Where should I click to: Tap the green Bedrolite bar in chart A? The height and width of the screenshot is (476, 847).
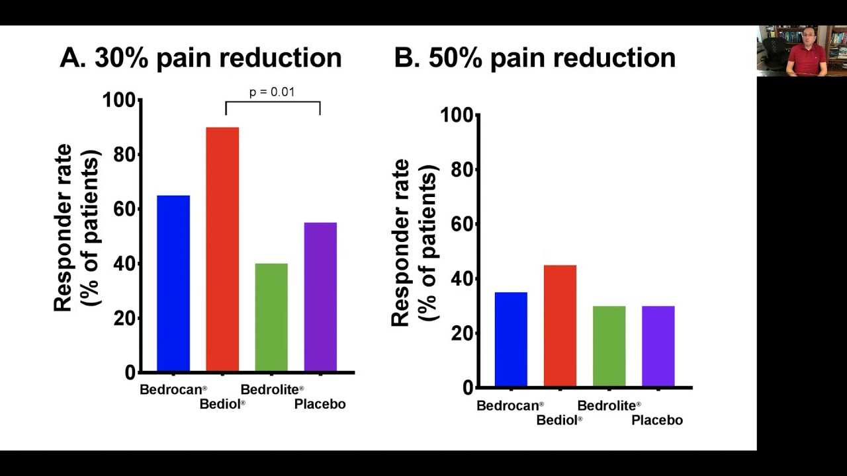pos(271,317)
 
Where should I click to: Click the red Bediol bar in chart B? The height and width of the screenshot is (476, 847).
pos(560,325)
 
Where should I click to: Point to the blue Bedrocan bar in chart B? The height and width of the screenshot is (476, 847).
pos(511,339)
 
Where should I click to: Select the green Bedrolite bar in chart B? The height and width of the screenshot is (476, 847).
pos(609,346)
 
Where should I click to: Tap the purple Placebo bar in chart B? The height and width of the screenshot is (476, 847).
pos(658,346)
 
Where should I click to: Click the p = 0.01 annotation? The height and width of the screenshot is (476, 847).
pos(271,92)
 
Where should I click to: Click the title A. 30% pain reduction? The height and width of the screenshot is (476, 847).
pos(201,58)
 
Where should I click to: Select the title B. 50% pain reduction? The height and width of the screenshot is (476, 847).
pos(535,58)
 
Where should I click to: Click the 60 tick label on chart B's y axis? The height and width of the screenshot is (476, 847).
pos(463,224)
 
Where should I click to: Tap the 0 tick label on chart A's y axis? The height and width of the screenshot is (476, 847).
pos(130,373)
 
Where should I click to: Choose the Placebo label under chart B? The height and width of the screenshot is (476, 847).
pos(656,420)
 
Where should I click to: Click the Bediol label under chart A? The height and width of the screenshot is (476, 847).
pos(222,404)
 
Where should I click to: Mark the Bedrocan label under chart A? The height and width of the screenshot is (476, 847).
pos(173,389)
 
